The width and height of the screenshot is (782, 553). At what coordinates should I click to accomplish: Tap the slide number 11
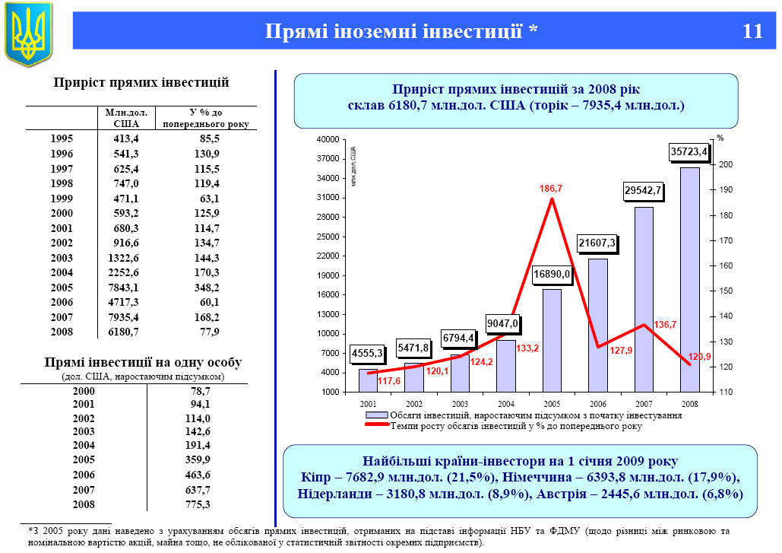752,31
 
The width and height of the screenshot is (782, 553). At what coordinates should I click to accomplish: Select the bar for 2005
552,340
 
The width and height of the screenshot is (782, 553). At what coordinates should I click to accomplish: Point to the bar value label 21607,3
597,244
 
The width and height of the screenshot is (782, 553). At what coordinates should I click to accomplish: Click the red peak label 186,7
551,187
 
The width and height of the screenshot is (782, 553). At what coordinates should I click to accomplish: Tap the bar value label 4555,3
367,353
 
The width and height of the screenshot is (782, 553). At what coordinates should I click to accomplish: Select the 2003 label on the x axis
459,403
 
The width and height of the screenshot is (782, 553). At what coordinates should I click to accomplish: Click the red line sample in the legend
377,426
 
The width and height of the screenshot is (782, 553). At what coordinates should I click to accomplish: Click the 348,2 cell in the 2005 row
206,288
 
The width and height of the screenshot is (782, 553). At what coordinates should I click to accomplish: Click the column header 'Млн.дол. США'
126,117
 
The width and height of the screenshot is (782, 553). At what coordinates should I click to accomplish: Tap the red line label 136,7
664,324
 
